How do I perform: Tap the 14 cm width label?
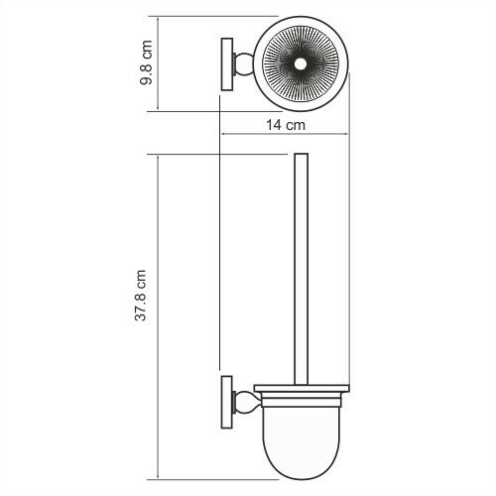[285, 126]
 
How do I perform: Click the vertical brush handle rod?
[303, 268]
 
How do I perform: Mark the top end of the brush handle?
[303, 157]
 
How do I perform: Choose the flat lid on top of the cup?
[303, 388]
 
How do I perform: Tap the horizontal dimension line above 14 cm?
[288, 136]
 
